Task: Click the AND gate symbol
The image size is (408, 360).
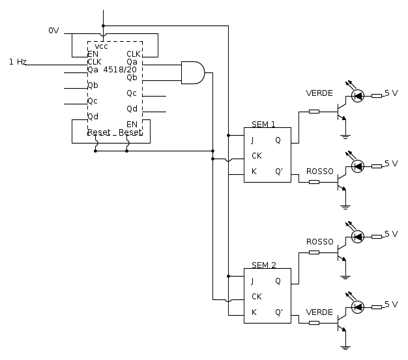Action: pyautogui.click(x=192, y=72)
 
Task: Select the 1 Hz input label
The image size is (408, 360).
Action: pyautogui.click(x=18, y=62)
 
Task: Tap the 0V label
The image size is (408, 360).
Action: pyautogui.click(x=53, y=31)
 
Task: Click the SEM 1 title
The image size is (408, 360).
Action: pyautogui.click(x=264, y=124)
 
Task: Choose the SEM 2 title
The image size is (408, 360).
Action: pyautogui.click(x=264, y=265)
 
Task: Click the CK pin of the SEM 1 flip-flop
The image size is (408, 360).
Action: pyautogui.click(x=257, y=156)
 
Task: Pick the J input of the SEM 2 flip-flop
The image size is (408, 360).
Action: pyautogui.click(x=252, y=281)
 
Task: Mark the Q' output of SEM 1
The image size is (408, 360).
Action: pyautogui.click(x=278, y=172)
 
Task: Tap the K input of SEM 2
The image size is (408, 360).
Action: pyautogui.click(x=253, y=312)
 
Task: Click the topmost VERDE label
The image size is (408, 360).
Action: pyautogui.click(x=319, y=93)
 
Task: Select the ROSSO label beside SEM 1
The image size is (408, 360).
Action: pyautogui.click(x=320, y=171)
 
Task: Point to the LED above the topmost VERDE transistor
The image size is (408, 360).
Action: pyautogui.click(x=357, y=96)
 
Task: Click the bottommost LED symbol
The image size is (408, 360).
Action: pyautogui.click(x=357, y=307)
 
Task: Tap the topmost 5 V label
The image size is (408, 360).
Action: pyautogui.click(x=391, y=93)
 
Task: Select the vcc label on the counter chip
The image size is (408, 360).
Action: pyautogui.click(x=102, y=46)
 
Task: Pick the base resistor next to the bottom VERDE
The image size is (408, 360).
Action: pyautogui.click(x=314, y=322)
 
